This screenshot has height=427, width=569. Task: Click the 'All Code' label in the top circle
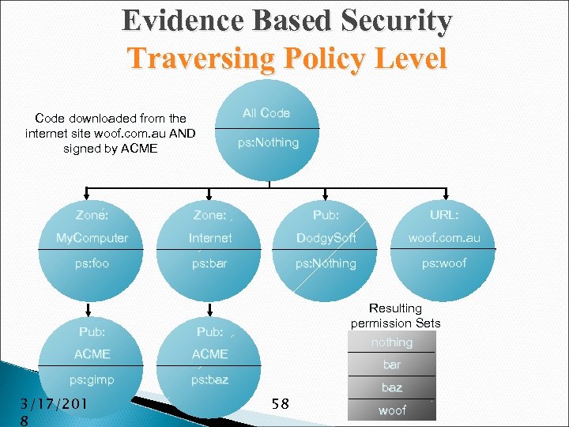(x=266, y=113)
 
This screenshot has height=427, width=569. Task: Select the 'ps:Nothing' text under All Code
(x=269, y=142)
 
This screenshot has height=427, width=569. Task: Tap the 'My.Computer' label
(x=92, y=238)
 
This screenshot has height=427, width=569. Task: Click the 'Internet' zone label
(x=210, y=238)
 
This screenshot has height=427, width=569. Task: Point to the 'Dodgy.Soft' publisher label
(x=326, y=238)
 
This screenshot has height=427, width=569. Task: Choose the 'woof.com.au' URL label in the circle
(x=444, y=238)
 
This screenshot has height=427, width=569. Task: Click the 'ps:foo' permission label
(x=92, y=263)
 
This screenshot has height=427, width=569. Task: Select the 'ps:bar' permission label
(x=209, y=263)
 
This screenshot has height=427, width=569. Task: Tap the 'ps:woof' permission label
(x=444, y=263)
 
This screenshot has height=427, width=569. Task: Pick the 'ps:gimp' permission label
(x=92, y=380)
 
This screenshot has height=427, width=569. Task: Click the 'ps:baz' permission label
(x=209, y=380)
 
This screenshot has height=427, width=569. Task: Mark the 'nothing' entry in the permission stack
(x=392, y=342)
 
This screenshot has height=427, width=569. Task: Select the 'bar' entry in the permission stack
(x=392, y=365)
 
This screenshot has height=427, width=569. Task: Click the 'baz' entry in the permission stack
(x=392, y=387)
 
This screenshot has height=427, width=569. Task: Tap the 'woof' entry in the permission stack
(x=392, y=410)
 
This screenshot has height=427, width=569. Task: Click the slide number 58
(x=280, y=404)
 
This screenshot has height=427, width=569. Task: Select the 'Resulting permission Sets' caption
(x=396, y=316)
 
